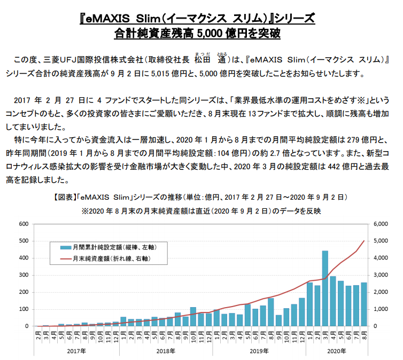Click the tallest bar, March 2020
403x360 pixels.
tap(325, 288)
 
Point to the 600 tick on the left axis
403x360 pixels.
tap(24, 224)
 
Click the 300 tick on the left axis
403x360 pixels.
tap(24, 275)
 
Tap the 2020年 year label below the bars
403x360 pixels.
tap(337, 351)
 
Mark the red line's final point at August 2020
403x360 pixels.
tap(364, 241)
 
